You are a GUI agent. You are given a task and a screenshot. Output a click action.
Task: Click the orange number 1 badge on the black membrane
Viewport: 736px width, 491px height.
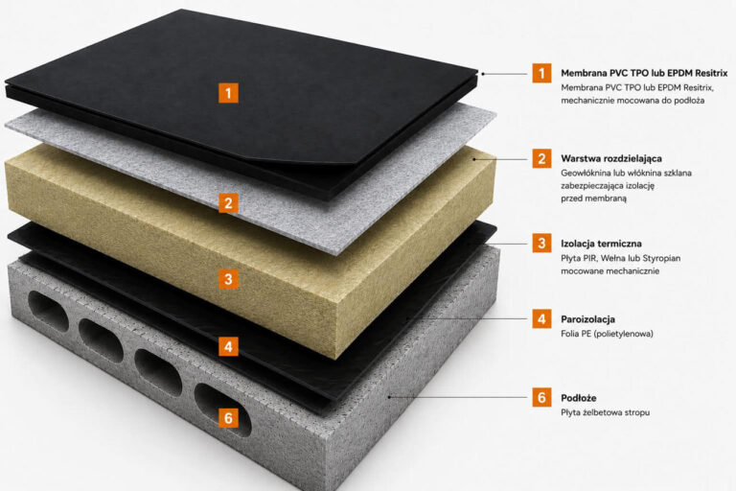click(x=228, y=93)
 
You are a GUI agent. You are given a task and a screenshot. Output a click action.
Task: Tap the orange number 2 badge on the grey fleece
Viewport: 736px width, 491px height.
click(x=228, y=203)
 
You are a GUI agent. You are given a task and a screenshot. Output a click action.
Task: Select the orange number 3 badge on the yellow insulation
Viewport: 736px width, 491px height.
click(x=228, y=279)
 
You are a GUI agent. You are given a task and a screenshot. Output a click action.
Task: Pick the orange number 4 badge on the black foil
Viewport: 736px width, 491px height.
click(x=228, y=347)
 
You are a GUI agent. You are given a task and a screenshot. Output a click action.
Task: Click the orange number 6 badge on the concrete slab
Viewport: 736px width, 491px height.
click(x=228, y=418)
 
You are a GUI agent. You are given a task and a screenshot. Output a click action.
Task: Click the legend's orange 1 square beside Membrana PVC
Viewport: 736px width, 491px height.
click(x=541, y=73)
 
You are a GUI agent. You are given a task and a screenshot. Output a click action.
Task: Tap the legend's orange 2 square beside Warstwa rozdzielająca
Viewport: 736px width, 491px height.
click(x=541, y=158)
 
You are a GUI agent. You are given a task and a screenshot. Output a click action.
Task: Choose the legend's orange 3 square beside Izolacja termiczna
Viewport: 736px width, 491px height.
click(x=541, y=243)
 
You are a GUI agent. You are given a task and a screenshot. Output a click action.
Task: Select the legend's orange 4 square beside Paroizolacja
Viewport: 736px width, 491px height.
click(x=541, y=318)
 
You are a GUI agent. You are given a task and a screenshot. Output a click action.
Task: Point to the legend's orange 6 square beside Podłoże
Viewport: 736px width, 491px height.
click(x=541, y=397)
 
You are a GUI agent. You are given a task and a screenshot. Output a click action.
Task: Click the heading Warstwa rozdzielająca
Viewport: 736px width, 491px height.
click(x=611, y=159)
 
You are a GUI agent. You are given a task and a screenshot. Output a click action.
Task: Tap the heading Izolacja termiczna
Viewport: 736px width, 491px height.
click(x=601, y=244)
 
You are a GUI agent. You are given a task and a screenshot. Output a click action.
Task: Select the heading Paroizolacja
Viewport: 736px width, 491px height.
click(x=587, y=319)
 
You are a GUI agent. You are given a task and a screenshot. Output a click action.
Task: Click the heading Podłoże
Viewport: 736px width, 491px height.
click(x=578, y=398)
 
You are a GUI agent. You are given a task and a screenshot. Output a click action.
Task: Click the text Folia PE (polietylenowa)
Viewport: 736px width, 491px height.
click(x=607, y=334)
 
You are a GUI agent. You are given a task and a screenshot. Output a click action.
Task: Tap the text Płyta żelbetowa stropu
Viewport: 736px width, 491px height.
click(x=605, y=412)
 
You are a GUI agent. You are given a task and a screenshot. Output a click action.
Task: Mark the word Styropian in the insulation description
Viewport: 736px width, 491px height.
click(x=661, y=258)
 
